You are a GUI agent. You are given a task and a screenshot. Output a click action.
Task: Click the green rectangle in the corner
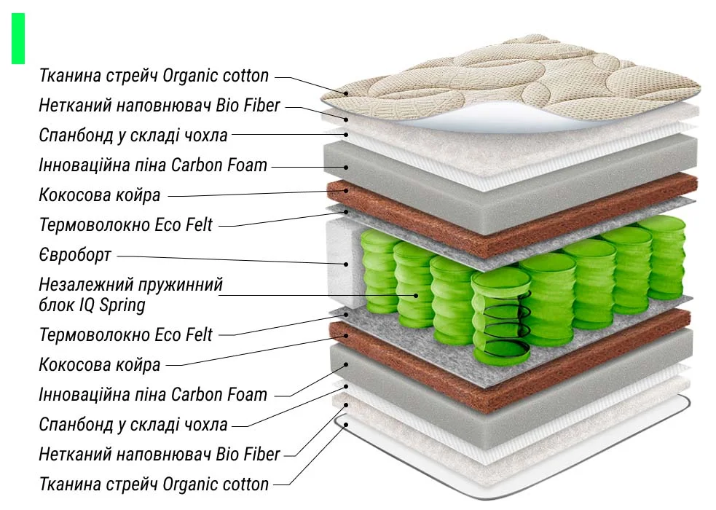pos(18,38)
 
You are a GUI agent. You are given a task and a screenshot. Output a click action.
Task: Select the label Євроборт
pos(75,255)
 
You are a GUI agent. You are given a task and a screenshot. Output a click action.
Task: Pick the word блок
pos(56,304)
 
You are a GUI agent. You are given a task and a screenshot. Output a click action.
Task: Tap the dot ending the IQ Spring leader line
pos(416,295)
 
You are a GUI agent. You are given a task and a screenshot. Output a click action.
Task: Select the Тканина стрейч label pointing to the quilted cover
pos(154,75)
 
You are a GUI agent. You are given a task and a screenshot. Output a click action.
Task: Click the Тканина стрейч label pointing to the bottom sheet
pos(154,484)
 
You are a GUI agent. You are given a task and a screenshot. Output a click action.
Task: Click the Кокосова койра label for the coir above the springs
pos(99,195)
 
